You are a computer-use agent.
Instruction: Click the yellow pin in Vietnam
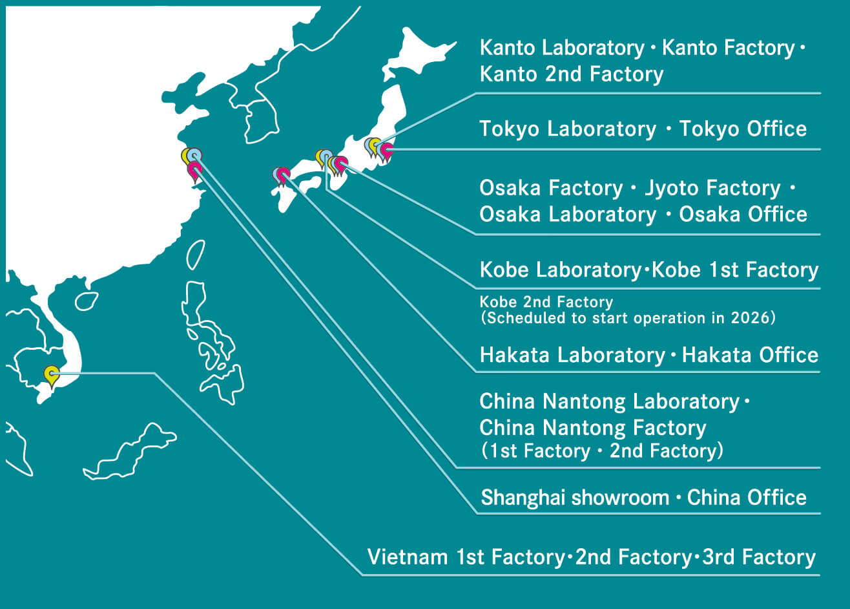51,374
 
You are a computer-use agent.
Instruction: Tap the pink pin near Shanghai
194,170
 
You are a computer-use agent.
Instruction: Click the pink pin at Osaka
341,164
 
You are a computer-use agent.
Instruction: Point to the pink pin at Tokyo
386,151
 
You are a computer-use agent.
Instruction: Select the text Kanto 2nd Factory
571,74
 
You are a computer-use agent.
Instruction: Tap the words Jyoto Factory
712,188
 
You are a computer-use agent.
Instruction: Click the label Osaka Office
743,215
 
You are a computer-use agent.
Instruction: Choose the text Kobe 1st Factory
735,270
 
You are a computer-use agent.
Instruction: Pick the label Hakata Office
750,355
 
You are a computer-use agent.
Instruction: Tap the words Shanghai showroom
575,498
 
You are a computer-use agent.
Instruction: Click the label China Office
747,498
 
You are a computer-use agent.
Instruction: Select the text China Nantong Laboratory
609,401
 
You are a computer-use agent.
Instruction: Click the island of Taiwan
196,254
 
